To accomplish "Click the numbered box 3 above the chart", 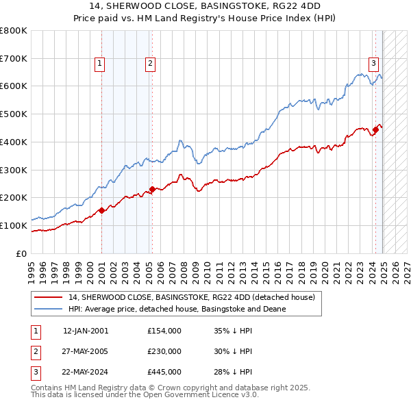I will tap(374, 64).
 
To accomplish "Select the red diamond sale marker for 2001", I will tap(101, 210).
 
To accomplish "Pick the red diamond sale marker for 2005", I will tap(152, 190).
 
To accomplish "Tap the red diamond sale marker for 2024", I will tap(375, 129).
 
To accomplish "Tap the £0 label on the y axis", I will tap(21, 253).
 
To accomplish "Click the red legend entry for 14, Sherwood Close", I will tap(191, 297).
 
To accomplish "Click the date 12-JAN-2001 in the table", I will tap(86, 331).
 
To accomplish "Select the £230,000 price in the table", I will tap(164, 351).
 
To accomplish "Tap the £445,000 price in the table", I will tap(164, 373).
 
